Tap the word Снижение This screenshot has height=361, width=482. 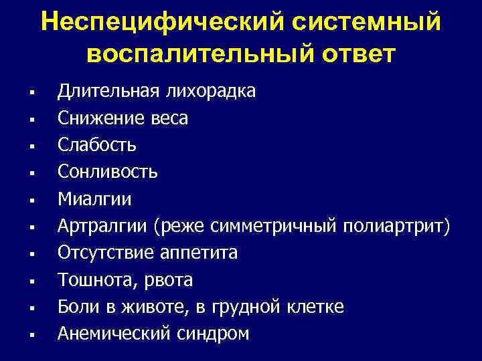coord(99,118)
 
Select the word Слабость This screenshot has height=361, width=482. coord(97,145)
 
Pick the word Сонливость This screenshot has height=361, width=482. coord(108,172)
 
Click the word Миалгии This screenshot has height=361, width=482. coord(94,199)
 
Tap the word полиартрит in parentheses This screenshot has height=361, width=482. coord(398,226)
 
